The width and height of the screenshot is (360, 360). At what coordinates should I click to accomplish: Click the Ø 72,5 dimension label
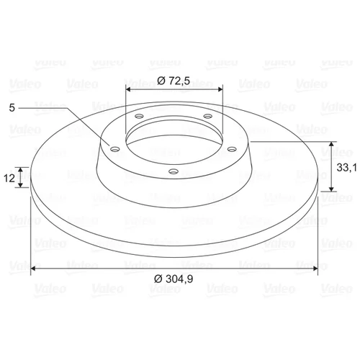tap(174, 81)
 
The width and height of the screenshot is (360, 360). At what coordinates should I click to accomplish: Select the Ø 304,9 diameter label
tap(174, 279)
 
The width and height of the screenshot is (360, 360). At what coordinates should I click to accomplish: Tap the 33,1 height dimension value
tap(347, 168)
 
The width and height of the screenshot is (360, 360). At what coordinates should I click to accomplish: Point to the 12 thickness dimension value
tap(9, 178)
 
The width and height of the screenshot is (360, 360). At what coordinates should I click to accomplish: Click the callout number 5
tap(12, 108)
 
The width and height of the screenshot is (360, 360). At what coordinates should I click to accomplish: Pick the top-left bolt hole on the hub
tap(139, 117)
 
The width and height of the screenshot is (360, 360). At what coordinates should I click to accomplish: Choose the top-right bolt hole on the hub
tap(208, 117)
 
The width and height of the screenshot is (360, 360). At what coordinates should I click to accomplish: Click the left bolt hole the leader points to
tap(115, 150)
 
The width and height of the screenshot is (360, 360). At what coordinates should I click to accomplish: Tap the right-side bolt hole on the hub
tap(232, 149)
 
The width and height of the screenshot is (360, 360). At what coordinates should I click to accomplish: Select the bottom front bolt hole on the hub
tap(174, 171)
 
